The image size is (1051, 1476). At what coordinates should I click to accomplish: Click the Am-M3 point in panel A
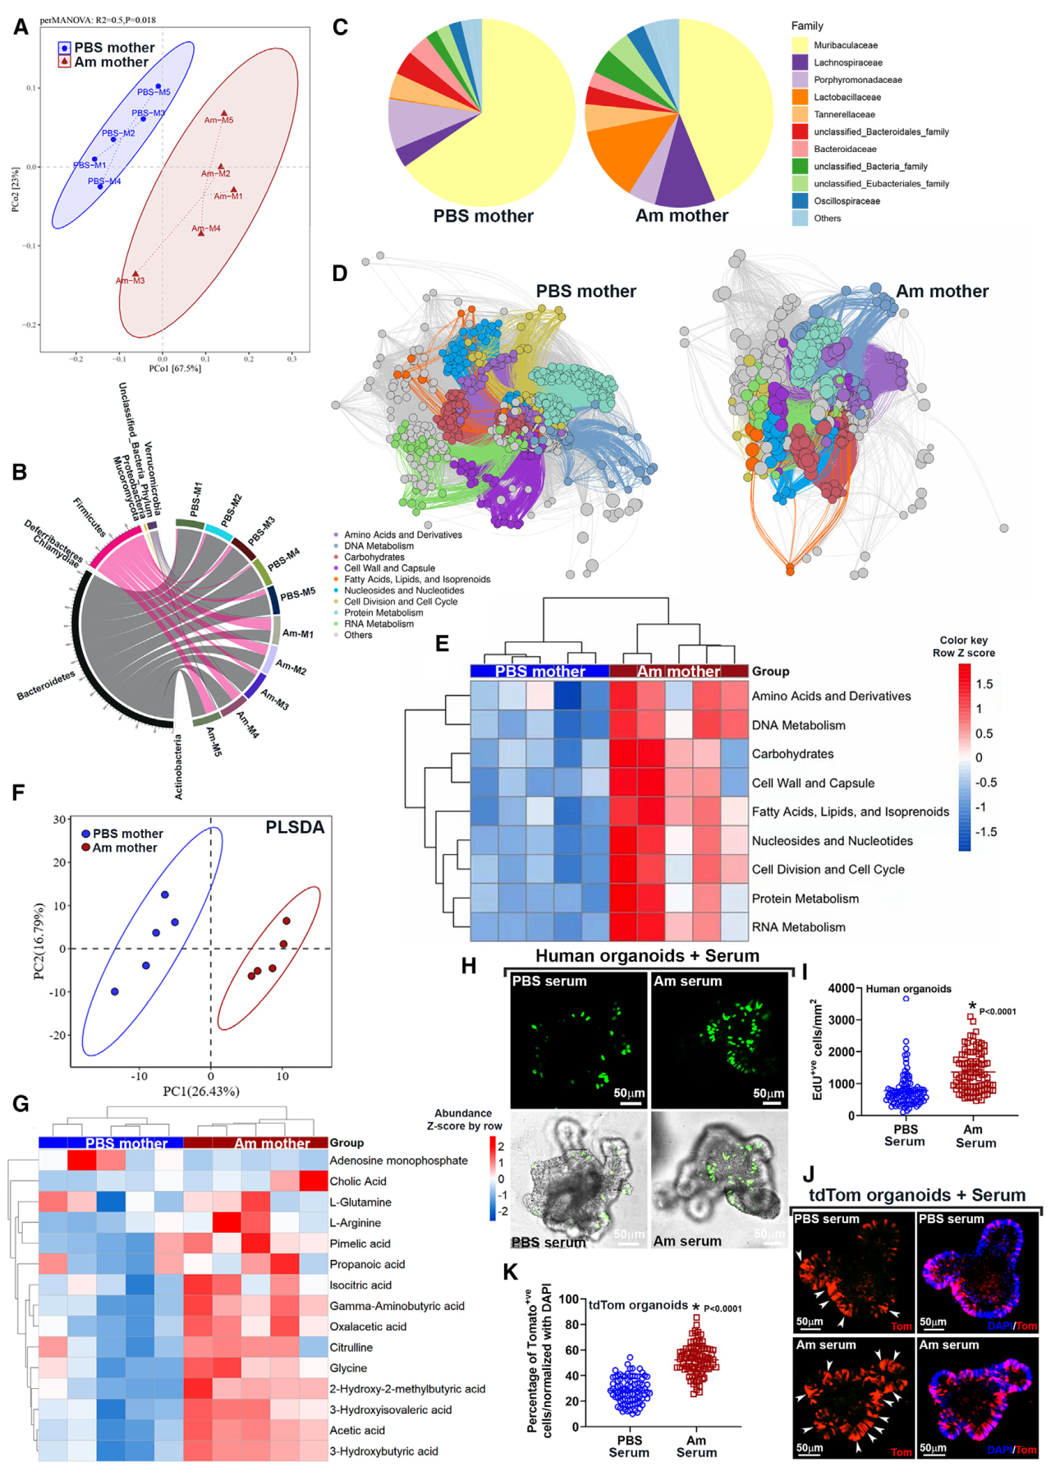[x=135, y=274]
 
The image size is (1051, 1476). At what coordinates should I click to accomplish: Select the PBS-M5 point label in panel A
[x=154, y=92]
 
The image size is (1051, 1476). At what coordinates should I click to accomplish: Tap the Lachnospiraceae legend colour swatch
[x=800, y=62]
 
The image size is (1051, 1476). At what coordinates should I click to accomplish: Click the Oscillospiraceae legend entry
[x=847, y=201]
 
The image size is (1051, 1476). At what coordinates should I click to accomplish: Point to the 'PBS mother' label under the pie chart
[x=483, y=216]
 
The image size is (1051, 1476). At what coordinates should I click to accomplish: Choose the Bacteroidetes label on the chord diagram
[x=46, y=686]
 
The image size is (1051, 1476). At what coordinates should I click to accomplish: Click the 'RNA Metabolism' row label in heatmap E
[x=798, y=927]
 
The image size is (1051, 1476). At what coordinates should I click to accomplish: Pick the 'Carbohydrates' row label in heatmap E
[x=792, y=754]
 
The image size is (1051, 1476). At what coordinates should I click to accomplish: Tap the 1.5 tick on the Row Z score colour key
[x=984, y=684]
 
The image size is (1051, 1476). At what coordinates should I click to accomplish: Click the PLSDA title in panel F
[x=295, y=828]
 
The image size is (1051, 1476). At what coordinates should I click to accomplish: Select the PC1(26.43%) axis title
[x=201, y=1091]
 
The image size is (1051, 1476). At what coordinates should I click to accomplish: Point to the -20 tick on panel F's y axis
[x=59, y=1035]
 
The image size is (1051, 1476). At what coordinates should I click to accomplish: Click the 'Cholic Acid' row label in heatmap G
[x=358, y=1181]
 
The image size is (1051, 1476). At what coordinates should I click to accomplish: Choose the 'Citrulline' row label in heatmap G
[x=351, y=1347]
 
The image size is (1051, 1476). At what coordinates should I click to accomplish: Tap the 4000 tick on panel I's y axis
[x=842, y=988]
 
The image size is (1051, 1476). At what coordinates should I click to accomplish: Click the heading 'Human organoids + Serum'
[x=647, y=956]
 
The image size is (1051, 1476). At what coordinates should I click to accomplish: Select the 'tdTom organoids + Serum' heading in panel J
[x=917, y=1195]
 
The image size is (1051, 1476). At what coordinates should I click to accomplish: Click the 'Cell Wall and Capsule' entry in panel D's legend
[x=389, y=568]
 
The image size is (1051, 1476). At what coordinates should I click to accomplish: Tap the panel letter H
[x=469, y=966]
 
